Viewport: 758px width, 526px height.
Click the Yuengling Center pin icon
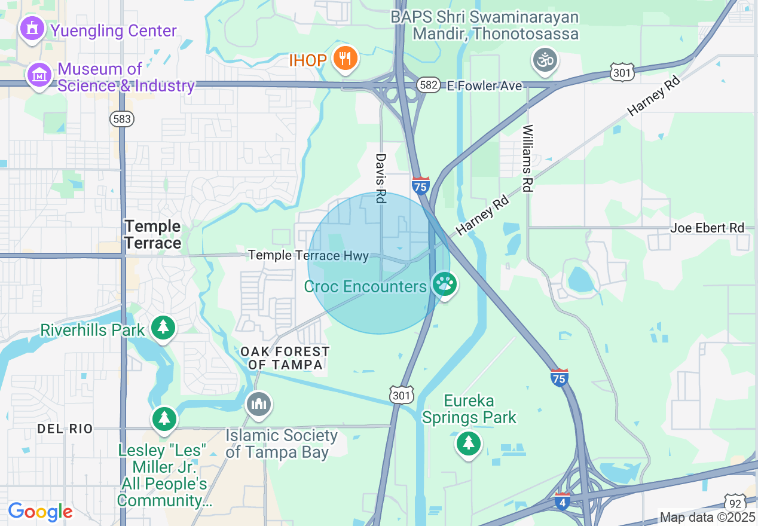[x=32, y=29]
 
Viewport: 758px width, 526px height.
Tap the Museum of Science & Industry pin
[x=39, y=75]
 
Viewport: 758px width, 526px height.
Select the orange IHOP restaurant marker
[x=345, y=59]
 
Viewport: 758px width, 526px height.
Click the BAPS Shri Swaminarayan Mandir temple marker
[x=545, y=60]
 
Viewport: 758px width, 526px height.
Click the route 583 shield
[x=121, y=119]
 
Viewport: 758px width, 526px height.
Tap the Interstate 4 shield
[x=562, y=501]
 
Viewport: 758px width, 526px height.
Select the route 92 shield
[x=736, y=501]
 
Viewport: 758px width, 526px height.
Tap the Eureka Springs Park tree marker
[x=469, y=444]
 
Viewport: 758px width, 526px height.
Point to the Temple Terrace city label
[x=153, y=234]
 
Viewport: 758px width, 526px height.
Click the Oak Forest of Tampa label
[x=285, y=358]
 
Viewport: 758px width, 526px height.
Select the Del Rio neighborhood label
[x=65, y=429]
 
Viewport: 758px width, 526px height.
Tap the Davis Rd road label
[x=380, y=178]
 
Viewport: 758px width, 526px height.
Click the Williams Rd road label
[x=527, y=158]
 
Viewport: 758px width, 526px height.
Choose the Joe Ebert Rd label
[x=707, y=228]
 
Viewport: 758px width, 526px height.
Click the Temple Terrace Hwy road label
[x=308, y=255]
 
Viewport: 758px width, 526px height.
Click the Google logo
[x=40, y=512]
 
